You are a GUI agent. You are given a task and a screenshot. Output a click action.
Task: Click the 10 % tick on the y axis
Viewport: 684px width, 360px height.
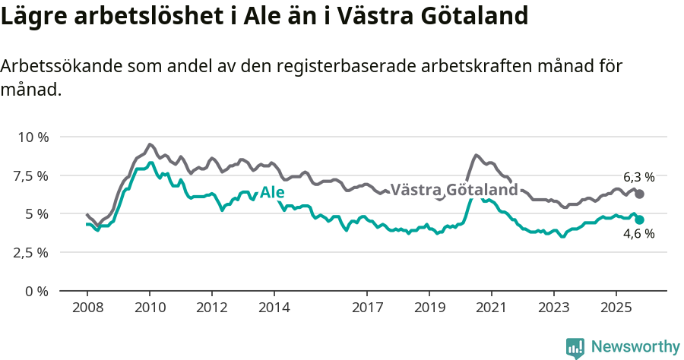33,137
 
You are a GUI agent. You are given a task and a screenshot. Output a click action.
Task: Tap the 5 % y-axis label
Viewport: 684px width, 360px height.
36,214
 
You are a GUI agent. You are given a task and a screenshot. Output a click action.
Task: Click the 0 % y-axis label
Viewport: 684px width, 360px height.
36,292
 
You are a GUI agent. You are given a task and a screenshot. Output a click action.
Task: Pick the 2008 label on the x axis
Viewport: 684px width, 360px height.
87,308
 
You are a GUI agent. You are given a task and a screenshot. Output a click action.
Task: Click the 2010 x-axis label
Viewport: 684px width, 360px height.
150,308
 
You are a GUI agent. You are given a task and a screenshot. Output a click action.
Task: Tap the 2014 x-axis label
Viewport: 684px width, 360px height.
274,308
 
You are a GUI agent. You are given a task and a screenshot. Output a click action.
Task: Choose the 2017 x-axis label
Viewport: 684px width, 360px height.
367,308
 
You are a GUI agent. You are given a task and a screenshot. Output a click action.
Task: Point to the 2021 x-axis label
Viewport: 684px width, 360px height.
492,308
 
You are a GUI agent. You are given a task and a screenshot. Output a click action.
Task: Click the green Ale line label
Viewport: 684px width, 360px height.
272,193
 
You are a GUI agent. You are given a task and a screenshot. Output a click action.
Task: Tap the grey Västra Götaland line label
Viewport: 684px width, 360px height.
454,189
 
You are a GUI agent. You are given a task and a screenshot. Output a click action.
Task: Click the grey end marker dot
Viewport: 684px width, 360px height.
639,194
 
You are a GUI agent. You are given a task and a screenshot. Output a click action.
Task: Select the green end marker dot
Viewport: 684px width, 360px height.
639,219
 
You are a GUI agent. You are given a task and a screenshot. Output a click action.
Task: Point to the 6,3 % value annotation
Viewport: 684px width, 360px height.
638,177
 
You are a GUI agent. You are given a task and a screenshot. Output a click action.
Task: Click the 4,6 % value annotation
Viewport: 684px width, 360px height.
638,235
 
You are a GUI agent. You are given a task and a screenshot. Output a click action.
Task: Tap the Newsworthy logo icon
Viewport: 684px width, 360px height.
575,347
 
